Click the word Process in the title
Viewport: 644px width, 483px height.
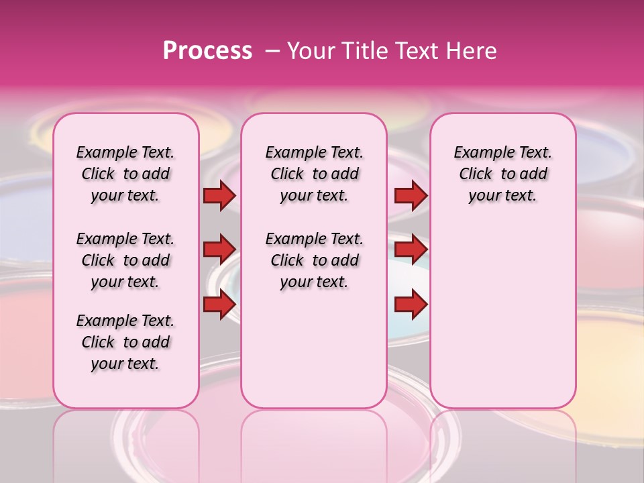[207, 51]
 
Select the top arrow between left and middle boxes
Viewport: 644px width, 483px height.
[219, 195]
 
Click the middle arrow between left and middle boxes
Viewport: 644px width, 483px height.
[219, 250]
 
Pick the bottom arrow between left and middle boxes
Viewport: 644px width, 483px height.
[219, 304]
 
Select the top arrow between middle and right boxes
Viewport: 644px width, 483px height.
[411, 195]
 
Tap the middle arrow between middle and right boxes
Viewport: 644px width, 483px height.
[411, 250]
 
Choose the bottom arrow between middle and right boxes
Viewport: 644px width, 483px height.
[411, 304]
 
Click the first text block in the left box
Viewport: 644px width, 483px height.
[125, 174]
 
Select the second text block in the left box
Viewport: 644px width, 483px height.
[125, 260]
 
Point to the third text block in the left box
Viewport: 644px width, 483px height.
[125, 342]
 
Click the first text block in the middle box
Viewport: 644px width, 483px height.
[314, 174]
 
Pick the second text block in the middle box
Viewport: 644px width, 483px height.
[314, 260]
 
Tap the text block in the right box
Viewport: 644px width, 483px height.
[502, 174]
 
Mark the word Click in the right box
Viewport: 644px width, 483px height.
[476, 174]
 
